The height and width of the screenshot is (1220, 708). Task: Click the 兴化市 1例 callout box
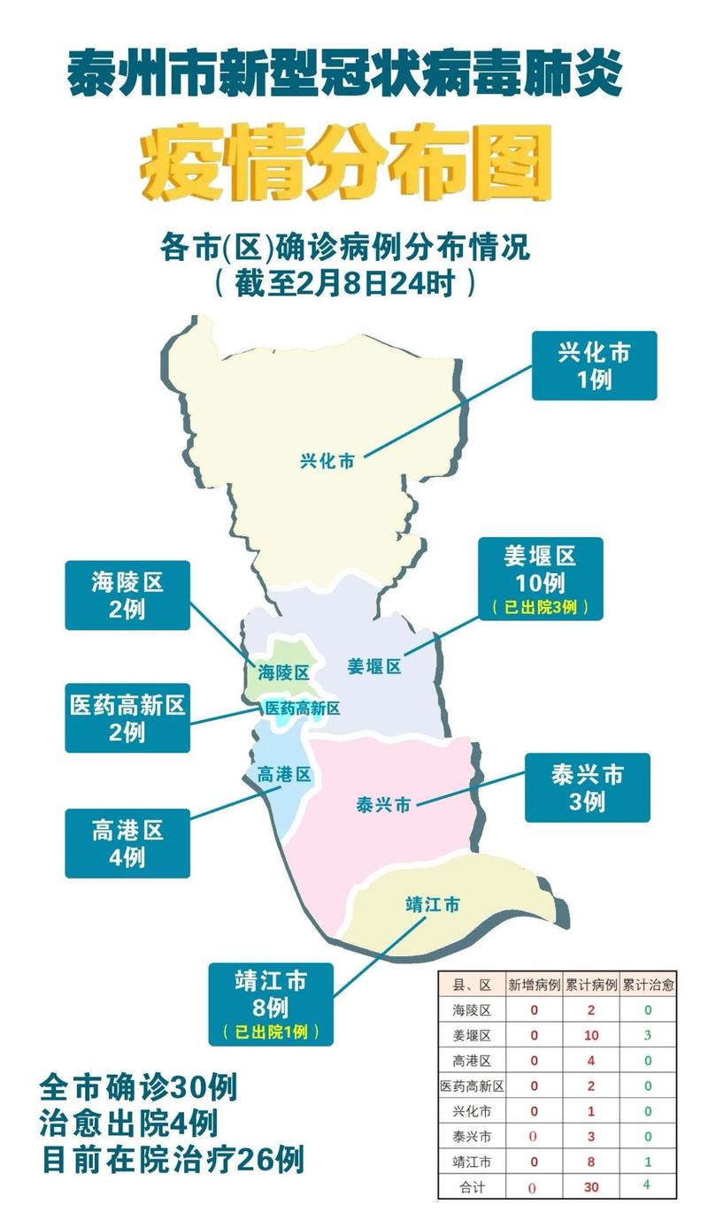coord(594,365)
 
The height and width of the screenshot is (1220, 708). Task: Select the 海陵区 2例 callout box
coord(127,595)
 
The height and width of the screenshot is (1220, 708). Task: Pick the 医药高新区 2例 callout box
coord(127,717)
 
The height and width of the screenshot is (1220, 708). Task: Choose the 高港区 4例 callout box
coord(127,842)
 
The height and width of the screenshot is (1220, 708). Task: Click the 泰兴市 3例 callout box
coord(587,787)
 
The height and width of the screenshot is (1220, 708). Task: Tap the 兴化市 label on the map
coord(327,460)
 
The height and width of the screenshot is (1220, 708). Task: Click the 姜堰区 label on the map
coord(374,666)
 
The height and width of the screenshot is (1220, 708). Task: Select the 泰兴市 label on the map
coord(382,805)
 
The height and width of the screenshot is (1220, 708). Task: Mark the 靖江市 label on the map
coord(432,905)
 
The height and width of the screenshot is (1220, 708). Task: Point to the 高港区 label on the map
coord(284,775)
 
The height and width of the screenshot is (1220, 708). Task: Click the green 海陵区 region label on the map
coord(283,672)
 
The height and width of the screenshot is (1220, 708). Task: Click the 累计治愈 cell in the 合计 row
coord(647,1185)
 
